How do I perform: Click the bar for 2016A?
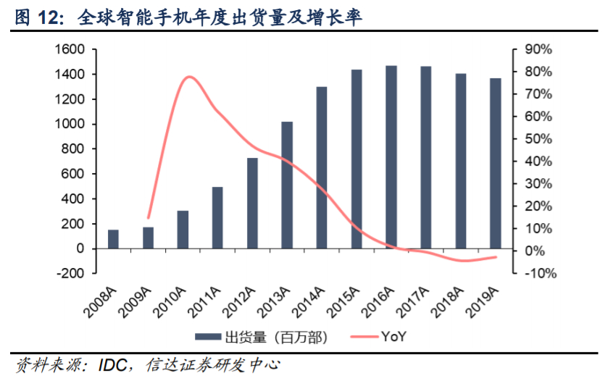(391, 157)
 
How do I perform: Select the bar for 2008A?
(114, 239)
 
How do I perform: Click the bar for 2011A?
(217, 217)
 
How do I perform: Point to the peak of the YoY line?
(189, 77)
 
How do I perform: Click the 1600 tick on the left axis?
(70, 49)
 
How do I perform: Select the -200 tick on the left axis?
(71, 274)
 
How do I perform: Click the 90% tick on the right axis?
(537, 49)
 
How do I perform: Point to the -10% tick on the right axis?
(537, 274)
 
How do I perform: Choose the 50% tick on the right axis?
(537, 139)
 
